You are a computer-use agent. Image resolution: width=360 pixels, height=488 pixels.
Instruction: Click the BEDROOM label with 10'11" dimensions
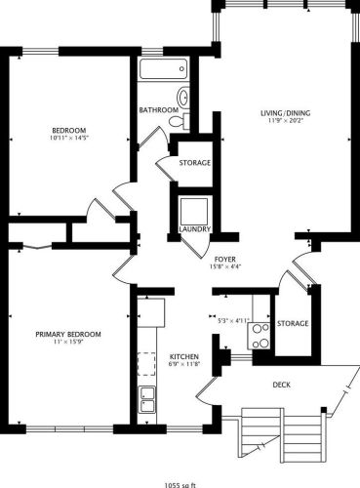pos(69,131)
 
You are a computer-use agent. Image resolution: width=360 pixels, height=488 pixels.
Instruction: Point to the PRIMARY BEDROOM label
pos(68,335)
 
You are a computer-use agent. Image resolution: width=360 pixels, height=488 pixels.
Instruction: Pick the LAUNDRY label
pos(195,230)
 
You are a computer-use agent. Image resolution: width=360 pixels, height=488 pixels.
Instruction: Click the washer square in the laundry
pos(195,211)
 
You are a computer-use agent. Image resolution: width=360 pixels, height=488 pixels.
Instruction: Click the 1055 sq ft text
pos(180,481)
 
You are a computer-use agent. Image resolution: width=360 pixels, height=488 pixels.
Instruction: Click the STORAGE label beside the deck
pos(292,323)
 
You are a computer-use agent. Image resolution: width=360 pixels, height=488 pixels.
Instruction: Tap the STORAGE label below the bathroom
pos(195,162)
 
